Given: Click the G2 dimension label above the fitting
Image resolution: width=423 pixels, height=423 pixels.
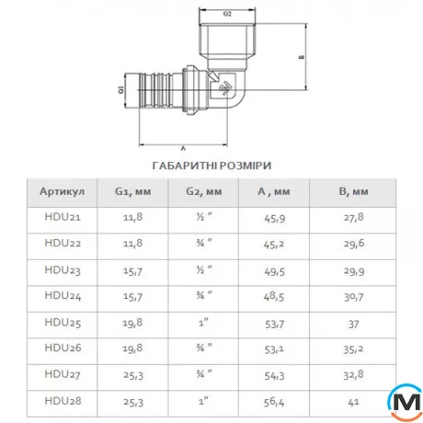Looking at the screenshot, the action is click(x=227, y=14).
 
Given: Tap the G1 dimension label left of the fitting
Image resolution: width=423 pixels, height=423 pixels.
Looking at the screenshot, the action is click(x=121, y=89).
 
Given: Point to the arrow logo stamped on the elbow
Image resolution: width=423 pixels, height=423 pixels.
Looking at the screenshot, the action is click(x=226, y=88).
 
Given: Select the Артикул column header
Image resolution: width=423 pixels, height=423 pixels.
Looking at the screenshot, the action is click(x=62, y=191).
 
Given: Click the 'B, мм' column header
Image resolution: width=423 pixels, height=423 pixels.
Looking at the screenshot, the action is click(x=353, y=191).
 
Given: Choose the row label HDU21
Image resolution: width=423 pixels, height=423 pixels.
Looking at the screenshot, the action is click(x=63, y=217).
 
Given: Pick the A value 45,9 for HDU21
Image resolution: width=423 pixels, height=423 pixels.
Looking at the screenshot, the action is click(x=274, y=218).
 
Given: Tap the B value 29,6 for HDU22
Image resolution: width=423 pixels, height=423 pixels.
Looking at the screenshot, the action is click(x=354, y=244).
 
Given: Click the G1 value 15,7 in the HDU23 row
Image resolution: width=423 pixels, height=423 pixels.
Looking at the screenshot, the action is click(x=132, y=271).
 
